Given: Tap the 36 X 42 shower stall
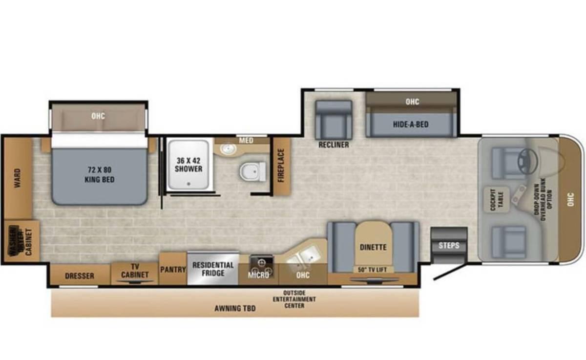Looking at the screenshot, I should [x=188, y=165].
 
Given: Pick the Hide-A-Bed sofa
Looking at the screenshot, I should [x=411, y=125].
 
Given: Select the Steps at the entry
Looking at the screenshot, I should [x=449, y=245].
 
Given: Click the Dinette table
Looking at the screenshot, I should [x=373, y=247].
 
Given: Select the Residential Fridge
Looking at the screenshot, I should [x=213, y=269].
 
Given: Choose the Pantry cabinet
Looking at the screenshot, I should [x=173, y=269].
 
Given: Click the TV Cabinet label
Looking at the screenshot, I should [x=135, y=272].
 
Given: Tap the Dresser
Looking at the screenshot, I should [x=80, y=276].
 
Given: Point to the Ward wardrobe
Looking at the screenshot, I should [x=18, y=179].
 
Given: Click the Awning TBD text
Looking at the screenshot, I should [x=235, y=308].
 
